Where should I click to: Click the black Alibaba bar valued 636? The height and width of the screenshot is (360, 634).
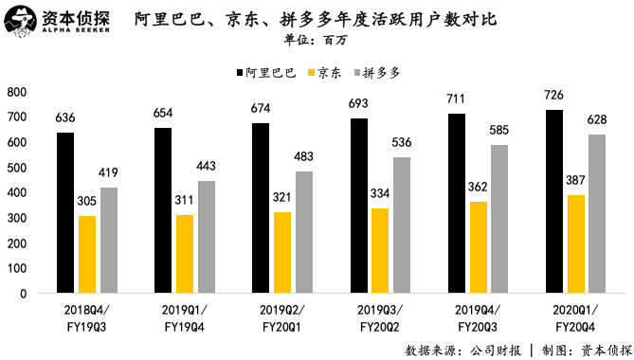(65, 212)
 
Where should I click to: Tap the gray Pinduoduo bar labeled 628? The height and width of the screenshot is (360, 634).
(596, 213)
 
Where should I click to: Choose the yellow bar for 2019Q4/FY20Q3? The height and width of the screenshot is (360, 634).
(478, 246)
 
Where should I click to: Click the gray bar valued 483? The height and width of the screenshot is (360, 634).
(303, 232)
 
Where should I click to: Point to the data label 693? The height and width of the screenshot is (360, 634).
(359, 101)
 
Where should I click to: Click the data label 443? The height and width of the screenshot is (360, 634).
(207, 166)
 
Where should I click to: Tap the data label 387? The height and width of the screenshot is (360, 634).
(575, 180)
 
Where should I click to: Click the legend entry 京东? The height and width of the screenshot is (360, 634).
(328, 72)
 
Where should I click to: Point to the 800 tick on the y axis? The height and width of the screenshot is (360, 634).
(16, 92)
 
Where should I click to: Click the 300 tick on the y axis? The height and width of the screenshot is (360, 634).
(16, 218)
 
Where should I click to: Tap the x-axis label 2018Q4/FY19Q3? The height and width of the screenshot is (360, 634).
(87, 317)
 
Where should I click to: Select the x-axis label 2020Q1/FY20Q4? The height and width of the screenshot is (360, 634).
(574, 317)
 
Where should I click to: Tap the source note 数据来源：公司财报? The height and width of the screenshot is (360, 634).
(459, 349)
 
